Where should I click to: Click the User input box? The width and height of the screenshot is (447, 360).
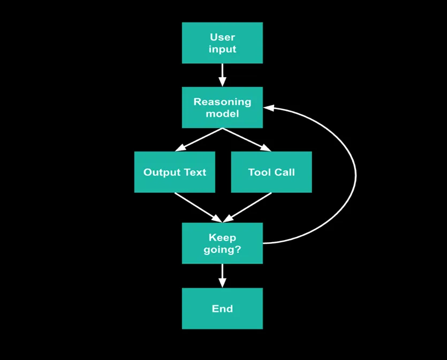[x=222, y=43]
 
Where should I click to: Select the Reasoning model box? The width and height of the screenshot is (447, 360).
[x=222, y=108]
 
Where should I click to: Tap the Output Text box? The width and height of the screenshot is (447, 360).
[x=175, y=172]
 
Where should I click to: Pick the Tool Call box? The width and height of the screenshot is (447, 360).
[x=271, y=172]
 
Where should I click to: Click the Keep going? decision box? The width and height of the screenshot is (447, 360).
[x=222, y=243]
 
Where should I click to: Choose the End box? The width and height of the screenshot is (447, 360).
[x=222, y=309]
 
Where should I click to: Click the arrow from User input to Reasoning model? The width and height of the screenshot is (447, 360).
[x=222, y=74]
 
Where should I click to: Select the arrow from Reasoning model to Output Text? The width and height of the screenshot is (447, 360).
[x=199, y=139]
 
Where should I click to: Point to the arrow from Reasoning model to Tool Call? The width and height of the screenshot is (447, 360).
[x=246, y=139]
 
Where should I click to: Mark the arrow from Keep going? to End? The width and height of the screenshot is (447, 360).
[x=222, y=275]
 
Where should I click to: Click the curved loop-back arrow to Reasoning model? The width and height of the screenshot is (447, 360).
[x=355, y=174]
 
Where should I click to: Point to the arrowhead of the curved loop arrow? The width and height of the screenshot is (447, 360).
[x=268, y=108]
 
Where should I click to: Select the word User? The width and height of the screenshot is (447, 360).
[x=222, y=37]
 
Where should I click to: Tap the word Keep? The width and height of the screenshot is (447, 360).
[x=222, y=237]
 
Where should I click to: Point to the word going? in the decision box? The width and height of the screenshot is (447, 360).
[x=222, y=249]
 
